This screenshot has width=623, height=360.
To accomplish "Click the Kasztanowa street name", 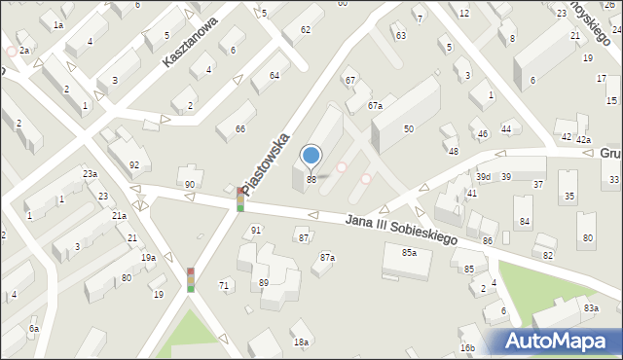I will (191, 45).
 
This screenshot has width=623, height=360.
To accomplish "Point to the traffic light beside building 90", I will (240, 199).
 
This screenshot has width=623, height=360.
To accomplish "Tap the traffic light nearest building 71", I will (191, 280).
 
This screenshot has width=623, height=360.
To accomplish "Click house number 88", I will (311, 179).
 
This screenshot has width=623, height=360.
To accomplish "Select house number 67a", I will (375, 105).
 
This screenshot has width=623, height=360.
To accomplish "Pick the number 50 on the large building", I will (409, 129).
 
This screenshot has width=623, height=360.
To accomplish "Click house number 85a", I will (410, 253).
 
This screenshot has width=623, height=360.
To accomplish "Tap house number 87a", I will (327, 258).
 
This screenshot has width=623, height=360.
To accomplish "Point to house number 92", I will (133, 165).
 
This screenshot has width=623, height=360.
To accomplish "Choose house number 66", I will (239, 129).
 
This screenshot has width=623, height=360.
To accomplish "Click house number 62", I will (305, 30).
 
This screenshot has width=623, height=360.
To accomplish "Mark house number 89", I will (263, 282).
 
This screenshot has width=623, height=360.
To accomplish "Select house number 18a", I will (302, 342).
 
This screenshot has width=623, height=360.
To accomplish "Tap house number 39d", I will (483, 177).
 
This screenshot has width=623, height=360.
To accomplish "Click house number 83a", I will (590, 308).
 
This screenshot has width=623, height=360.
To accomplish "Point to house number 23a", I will (89, 173).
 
